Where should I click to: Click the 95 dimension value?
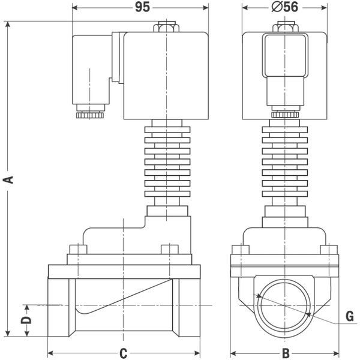142,7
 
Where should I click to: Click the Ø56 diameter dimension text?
284,7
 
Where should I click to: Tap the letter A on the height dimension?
8,180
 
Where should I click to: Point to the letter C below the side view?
123,353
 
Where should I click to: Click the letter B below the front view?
286,353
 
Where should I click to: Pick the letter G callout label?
350,316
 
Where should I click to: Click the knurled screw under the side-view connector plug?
90,115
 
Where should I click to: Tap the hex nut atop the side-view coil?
166,26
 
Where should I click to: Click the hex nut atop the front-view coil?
286,26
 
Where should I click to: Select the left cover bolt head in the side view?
78,250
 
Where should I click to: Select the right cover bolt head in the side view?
170,250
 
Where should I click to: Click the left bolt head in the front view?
241,250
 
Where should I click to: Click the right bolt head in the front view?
329,250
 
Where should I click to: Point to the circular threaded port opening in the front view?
258,306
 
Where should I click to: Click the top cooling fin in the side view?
167,130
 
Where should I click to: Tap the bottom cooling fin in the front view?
284,194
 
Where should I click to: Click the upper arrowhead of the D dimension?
27,308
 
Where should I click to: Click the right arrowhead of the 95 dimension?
205,8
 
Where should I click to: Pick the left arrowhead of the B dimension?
233,353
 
